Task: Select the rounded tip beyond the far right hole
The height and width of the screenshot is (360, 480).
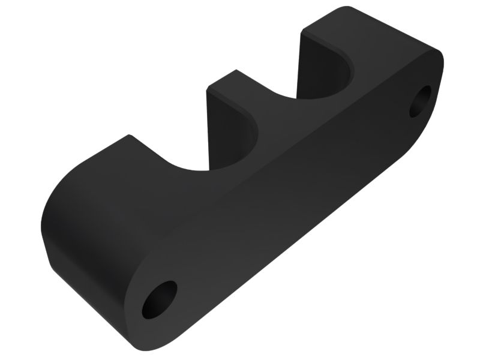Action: pyautogui.click(x=441, y=66)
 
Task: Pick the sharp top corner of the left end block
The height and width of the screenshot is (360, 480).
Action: pyautogui.click(x=128, y=135)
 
